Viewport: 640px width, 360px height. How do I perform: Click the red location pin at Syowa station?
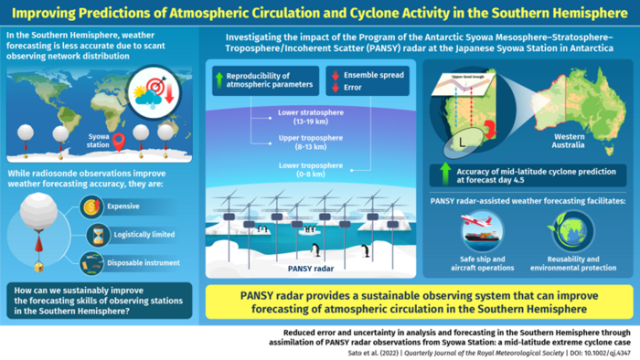click(117, 140)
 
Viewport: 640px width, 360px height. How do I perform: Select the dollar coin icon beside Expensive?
click(93, 206)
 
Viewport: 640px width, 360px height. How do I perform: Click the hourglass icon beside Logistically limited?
click(93, 233)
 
